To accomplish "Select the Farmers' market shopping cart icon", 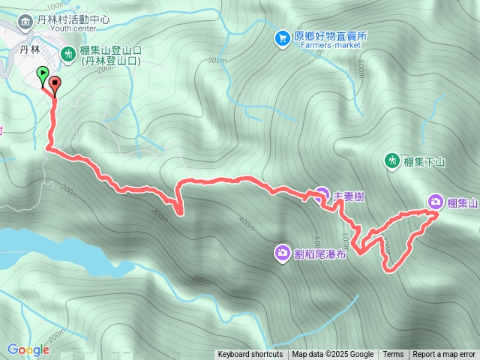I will (282, 36).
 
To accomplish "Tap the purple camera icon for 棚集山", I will (436, 201).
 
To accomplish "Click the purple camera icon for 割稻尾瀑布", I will (282, 253).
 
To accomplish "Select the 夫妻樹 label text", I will (349, 196).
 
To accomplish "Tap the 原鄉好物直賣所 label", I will (330, 35).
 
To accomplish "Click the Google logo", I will (28, 349).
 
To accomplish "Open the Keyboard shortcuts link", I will (250, 355).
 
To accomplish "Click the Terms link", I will (393, 355).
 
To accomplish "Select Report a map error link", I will (444, 355).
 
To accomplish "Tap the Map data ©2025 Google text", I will (332, 355).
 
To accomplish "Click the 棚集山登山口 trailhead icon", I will (67, 52).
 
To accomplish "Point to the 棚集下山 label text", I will (424, 161).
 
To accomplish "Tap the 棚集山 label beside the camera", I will (463, 202).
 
